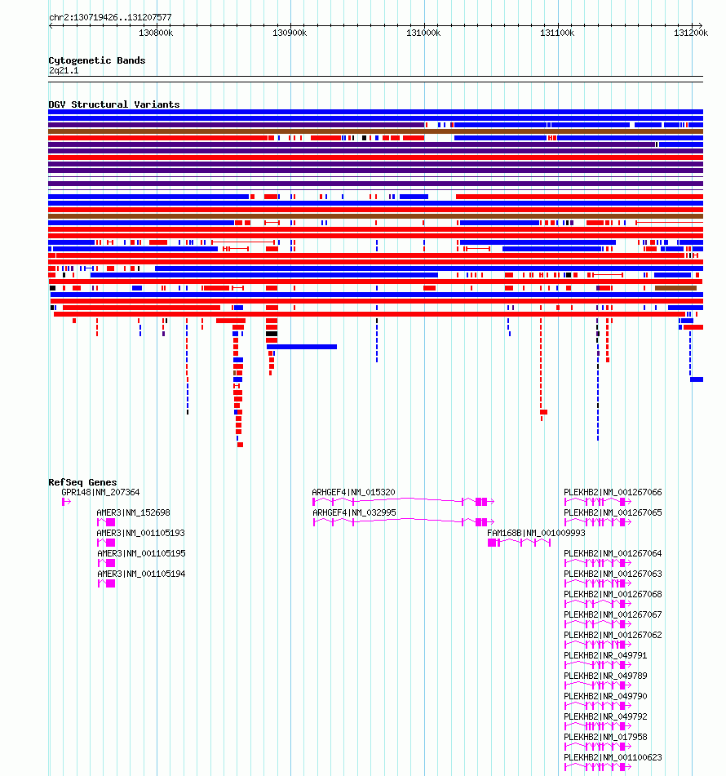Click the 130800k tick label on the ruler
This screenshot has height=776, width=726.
(x=156, y=33)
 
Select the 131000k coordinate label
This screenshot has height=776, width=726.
(x=423, y=33)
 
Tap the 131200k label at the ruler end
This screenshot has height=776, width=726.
(x=691, y=33)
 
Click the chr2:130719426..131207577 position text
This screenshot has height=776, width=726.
(x=110, y=17)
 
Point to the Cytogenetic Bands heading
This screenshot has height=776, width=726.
(x=97, y=60)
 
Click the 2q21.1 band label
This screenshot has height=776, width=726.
(x=64, y=70)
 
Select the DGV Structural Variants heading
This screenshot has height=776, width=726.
(x=114, y=104)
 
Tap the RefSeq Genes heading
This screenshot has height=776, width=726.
(x=82, y=482)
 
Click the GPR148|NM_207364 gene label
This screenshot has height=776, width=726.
(x=100, y=492)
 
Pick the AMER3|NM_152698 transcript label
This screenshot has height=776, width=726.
(x=133, y=512)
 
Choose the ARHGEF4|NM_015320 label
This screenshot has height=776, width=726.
(x=353, y=492)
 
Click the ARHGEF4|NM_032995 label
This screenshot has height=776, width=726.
(x=354, y=512)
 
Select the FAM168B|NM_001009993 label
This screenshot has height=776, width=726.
(x=536, y=533)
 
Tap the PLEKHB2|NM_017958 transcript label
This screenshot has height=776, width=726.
(x=605, y=737)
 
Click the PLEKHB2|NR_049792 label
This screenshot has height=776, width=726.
(x=605, y=716)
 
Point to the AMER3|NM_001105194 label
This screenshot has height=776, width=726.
(x=141, y=574)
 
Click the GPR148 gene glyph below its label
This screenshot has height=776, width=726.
(x=66, y=502)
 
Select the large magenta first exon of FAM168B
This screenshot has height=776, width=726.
(x=492, y=543)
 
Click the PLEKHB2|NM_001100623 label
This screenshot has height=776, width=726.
(x=613, y=757)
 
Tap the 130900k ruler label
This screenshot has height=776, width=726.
(x=290, y=33)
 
